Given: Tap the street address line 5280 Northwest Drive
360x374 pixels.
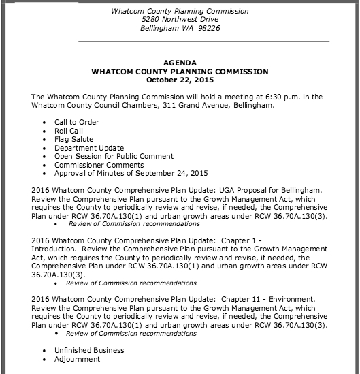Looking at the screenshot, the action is point(180,18).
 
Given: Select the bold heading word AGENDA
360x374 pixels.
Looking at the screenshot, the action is point(180,63).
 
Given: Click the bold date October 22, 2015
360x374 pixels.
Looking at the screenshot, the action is point(180,79).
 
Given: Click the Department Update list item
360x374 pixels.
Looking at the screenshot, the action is point(89,148).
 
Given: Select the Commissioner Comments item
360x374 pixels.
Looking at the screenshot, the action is point(99,165).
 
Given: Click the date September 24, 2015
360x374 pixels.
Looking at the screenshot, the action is point(165,173).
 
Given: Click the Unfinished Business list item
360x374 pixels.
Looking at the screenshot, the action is point(89,350).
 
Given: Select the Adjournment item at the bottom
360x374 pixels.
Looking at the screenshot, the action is point(78,359).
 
